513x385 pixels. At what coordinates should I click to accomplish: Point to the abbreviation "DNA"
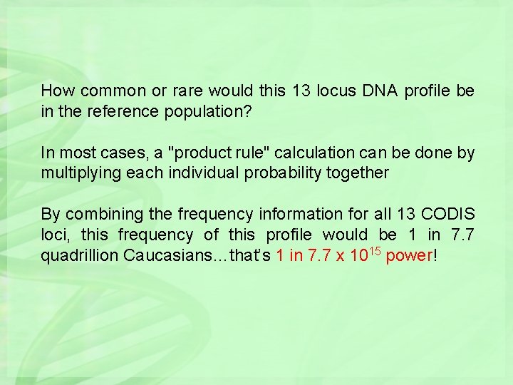(x=384, y=91)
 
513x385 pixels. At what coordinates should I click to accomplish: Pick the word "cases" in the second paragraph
(x=123, y=153)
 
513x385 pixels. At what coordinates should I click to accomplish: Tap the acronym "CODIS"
(x=448, y=214)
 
